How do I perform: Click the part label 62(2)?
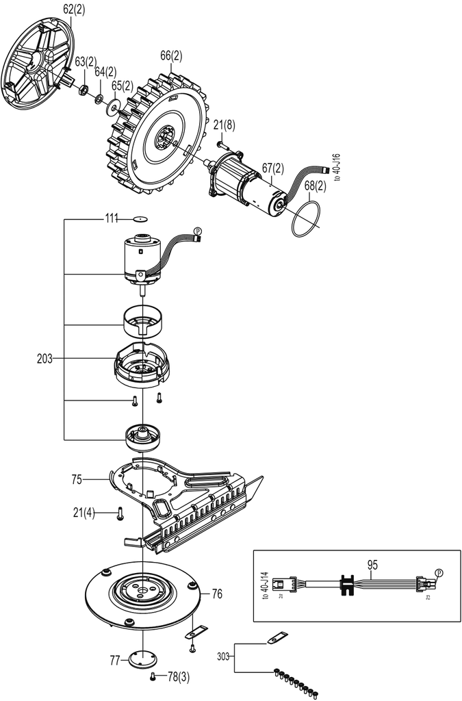click(x=73, y=10)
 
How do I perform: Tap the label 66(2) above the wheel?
click(x=171, y=56)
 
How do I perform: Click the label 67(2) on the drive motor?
click(x=273, y=168)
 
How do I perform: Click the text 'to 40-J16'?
click(x=337, y=167)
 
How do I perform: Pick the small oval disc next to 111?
click(x=140, y=219)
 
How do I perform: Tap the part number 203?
click(x=44, y=359)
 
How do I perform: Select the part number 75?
click(x=77, y=480)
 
